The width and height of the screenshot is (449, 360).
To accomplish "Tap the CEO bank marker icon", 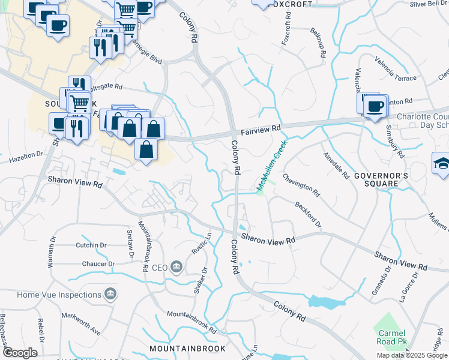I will click(176, 267).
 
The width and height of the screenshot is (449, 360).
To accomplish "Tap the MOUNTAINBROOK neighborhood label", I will click(187, 348).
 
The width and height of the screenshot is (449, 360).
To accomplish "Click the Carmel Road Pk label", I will click(390, 338).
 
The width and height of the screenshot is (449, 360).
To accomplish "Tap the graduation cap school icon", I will click(441, 163).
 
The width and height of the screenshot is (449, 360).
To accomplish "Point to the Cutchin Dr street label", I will click(91, 245).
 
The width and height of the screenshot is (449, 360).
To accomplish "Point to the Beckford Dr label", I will click(308, 214).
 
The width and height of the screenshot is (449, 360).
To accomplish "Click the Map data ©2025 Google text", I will click(412, 355).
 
